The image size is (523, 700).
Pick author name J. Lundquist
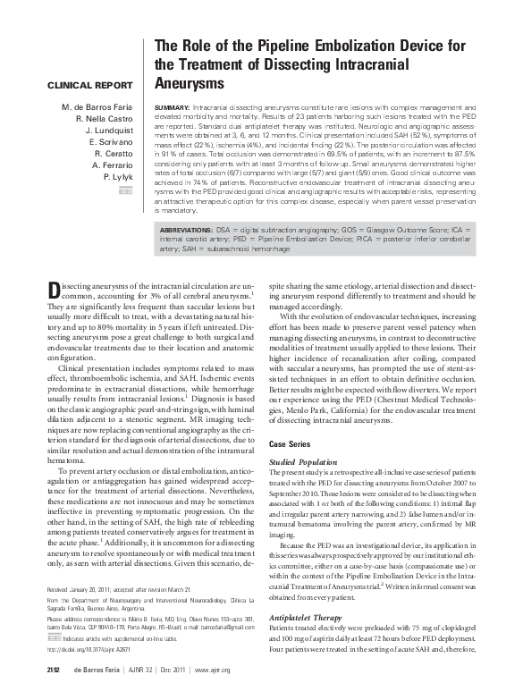pos(109,131)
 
